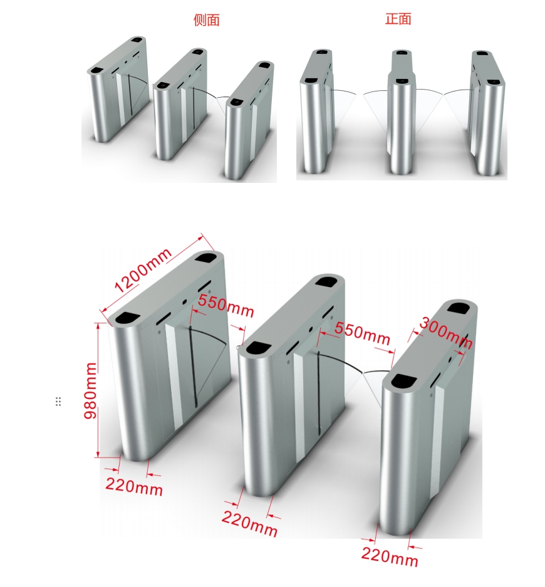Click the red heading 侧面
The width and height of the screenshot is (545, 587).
pos(206,20)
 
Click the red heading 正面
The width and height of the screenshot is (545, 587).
pos(398,19)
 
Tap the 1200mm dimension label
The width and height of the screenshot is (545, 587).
pos(143,270)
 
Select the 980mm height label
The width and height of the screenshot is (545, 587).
pos(90,390)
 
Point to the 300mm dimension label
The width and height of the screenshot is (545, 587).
pos(445,333)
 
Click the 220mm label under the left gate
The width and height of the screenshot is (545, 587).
pos(134,487)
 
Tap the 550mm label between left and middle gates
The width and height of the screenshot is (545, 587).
pos(226,306)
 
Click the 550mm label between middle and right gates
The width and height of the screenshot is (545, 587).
pos(362,333)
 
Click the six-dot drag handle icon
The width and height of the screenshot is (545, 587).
pos(58,402)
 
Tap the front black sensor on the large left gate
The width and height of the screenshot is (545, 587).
pos(128,318)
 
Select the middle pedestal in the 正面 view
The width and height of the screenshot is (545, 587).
pos(402,112)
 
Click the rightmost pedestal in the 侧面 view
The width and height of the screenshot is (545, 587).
pos(249,120)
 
